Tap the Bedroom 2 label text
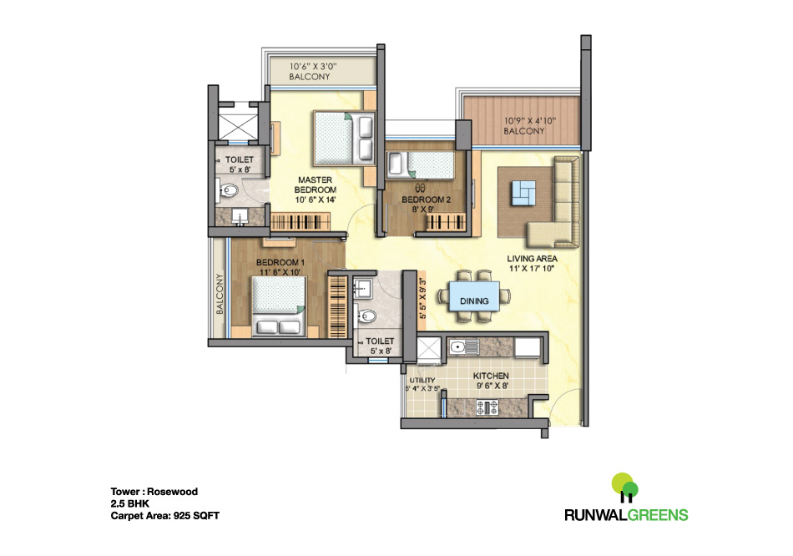(426, 200)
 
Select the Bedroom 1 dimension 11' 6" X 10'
(280, 272)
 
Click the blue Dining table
(473, 294)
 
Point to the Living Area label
(533, 259)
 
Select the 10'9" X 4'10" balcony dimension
(529, 119)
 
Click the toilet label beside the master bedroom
(238, 159)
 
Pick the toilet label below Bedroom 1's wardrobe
(381, 341)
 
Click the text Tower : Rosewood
(154, 492)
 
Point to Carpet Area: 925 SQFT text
(164, 516)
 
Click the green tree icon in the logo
(624, 486)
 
